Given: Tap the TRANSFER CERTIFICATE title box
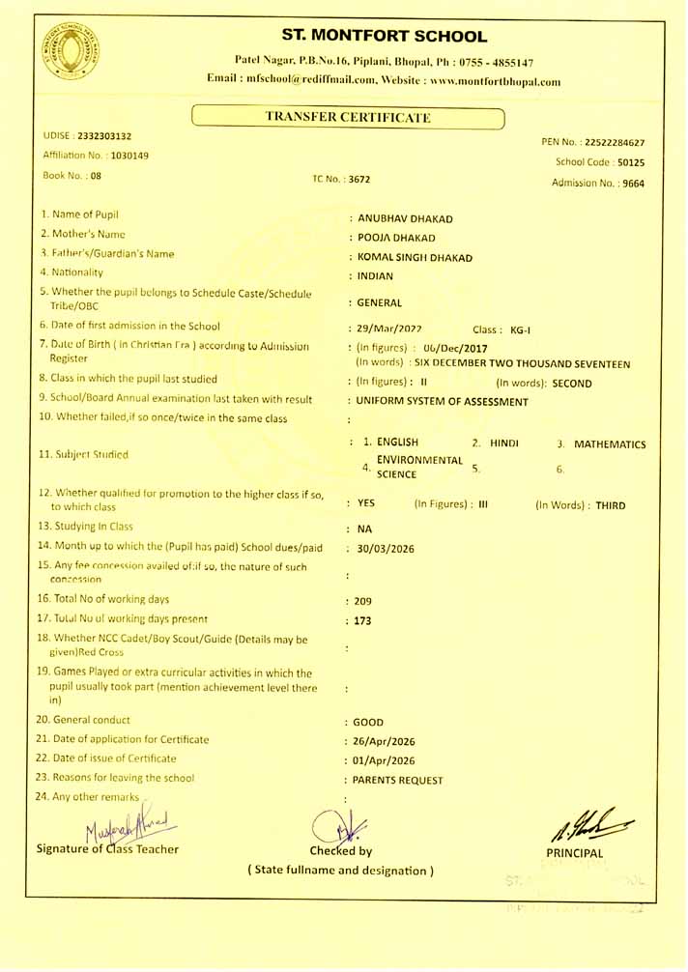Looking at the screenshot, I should pyautogui.click(x=348, y=118).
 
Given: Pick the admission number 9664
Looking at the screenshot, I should pyautogui.click(x=633, y=183).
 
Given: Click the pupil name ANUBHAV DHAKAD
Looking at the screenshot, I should pyautogui.click(x=405, y=218).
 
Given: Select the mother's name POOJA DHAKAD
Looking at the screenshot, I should pyautogui.click(x=396, y=238).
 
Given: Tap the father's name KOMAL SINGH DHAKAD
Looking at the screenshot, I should pyautogui.click(x=415, y=258).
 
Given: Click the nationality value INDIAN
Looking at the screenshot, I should pyautogui.click(x=375, y=276).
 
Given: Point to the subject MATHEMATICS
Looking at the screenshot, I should pyautogui.click(x=610, y=444).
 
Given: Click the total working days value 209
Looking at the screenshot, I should pyautogui.click(x=363, y=601).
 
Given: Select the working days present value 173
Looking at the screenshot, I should pyautogui.click(x=363, y=620).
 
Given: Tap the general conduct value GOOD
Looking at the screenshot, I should pyautogui.click(x=369, y=722).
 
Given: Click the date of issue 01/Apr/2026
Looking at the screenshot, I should pyautogui.click(x=385, y=760).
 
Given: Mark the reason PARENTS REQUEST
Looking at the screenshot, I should pyautogui.click(x=398, y=780).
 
